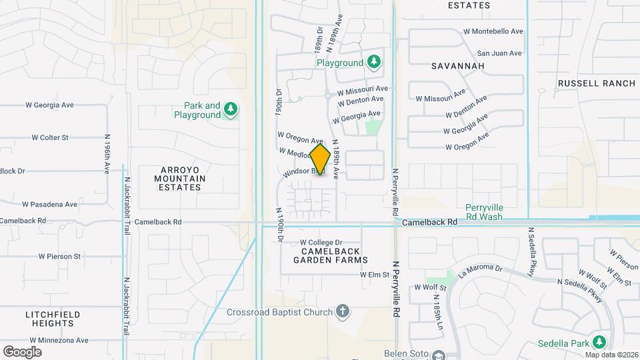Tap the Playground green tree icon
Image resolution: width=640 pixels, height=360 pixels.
click(x=374, y=63)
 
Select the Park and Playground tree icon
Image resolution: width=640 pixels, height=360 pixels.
click(x=231, y=109)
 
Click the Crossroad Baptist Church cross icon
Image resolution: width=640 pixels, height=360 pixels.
click(x=343, y=311)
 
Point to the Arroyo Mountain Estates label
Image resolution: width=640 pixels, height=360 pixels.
click(x=179, y=179)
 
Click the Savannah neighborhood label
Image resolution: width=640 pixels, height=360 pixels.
click(x=457, y=66)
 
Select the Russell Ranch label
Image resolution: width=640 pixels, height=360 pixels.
click(x=597, y=83)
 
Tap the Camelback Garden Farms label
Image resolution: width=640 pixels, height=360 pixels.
click(x=334, y=255)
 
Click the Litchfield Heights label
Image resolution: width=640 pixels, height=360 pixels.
click(x=53, y=319)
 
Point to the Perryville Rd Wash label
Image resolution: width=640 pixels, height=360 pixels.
click(x=484, y=212)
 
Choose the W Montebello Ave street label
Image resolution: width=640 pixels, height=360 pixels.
click(x=492, y=31)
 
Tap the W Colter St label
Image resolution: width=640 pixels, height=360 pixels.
click(x=50, y=137)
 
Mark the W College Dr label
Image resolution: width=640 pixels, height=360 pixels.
click(x=321, y=242)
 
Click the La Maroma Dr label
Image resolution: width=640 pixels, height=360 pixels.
click(x=480, y=269)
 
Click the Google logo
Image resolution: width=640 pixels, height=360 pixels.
click(x=22, y=352)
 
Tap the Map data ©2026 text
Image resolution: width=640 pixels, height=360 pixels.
click(x=611, y=355)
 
